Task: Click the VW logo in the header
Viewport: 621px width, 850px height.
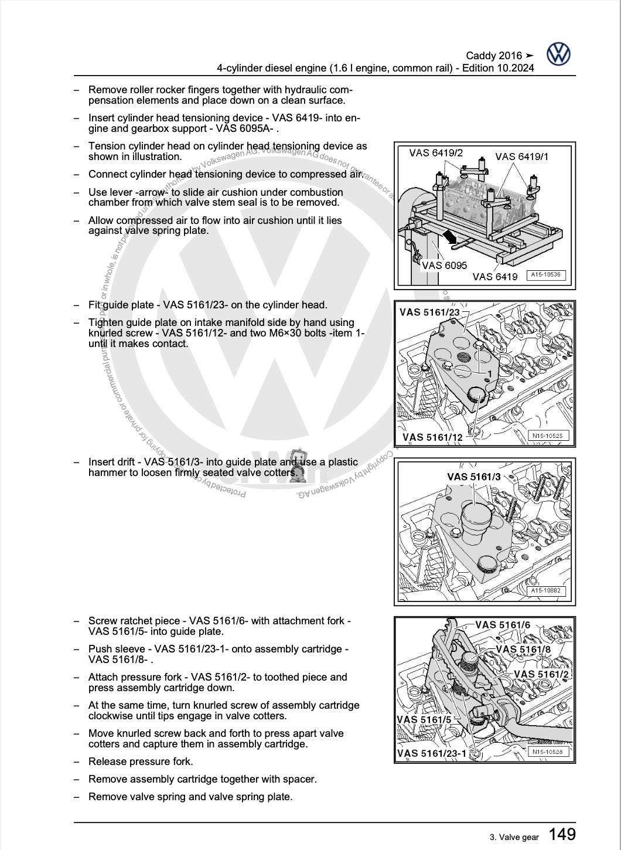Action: pyautogui.click(x=558, y=55)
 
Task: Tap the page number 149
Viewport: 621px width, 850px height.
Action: pyautogui.click(x=562, y=834)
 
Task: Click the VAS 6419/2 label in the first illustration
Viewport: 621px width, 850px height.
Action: pyautogui.click(x=436, y=153)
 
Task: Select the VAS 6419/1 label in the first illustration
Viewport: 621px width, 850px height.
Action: pyautogui.click(x=522, y=157)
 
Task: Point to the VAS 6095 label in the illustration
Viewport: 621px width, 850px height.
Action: pyautogui.click(x=445, y=265)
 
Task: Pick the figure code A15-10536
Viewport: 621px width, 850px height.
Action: pyautogui.click(x=545, y=274)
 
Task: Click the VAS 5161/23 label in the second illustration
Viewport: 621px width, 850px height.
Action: pyautogui.click(x=429, y=312)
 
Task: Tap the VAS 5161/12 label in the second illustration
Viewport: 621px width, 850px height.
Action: pyautogui.click(x=432, y=437)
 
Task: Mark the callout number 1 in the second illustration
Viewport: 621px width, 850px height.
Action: pyautogui.click(x=489, y=373)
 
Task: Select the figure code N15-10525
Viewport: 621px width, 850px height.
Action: pyautogui.click(x=547, y=436)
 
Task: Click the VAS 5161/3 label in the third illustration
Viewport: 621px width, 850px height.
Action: pyautogui.click(x=474, y=477)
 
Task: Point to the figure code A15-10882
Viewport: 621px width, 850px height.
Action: pyautogui.click(x=547, y=591)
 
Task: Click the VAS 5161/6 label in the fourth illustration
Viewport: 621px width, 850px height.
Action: pyautogui.click(x=503, y=625)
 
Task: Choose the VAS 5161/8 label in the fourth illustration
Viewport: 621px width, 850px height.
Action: pyautogui.click(x=523, y=649)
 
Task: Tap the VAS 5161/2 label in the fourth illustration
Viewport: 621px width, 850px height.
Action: pyautogui.click(x=541, y=674)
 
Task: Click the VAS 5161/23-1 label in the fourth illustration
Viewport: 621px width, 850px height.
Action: pyautogui.click(x=432, y=753)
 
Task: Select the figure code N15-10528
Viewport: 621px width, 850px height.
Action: pyautogui.click(x=547, y=752)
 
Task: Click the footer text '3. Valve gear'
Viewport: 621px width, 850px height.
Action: pyautogui.click(x=514, y=837)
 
